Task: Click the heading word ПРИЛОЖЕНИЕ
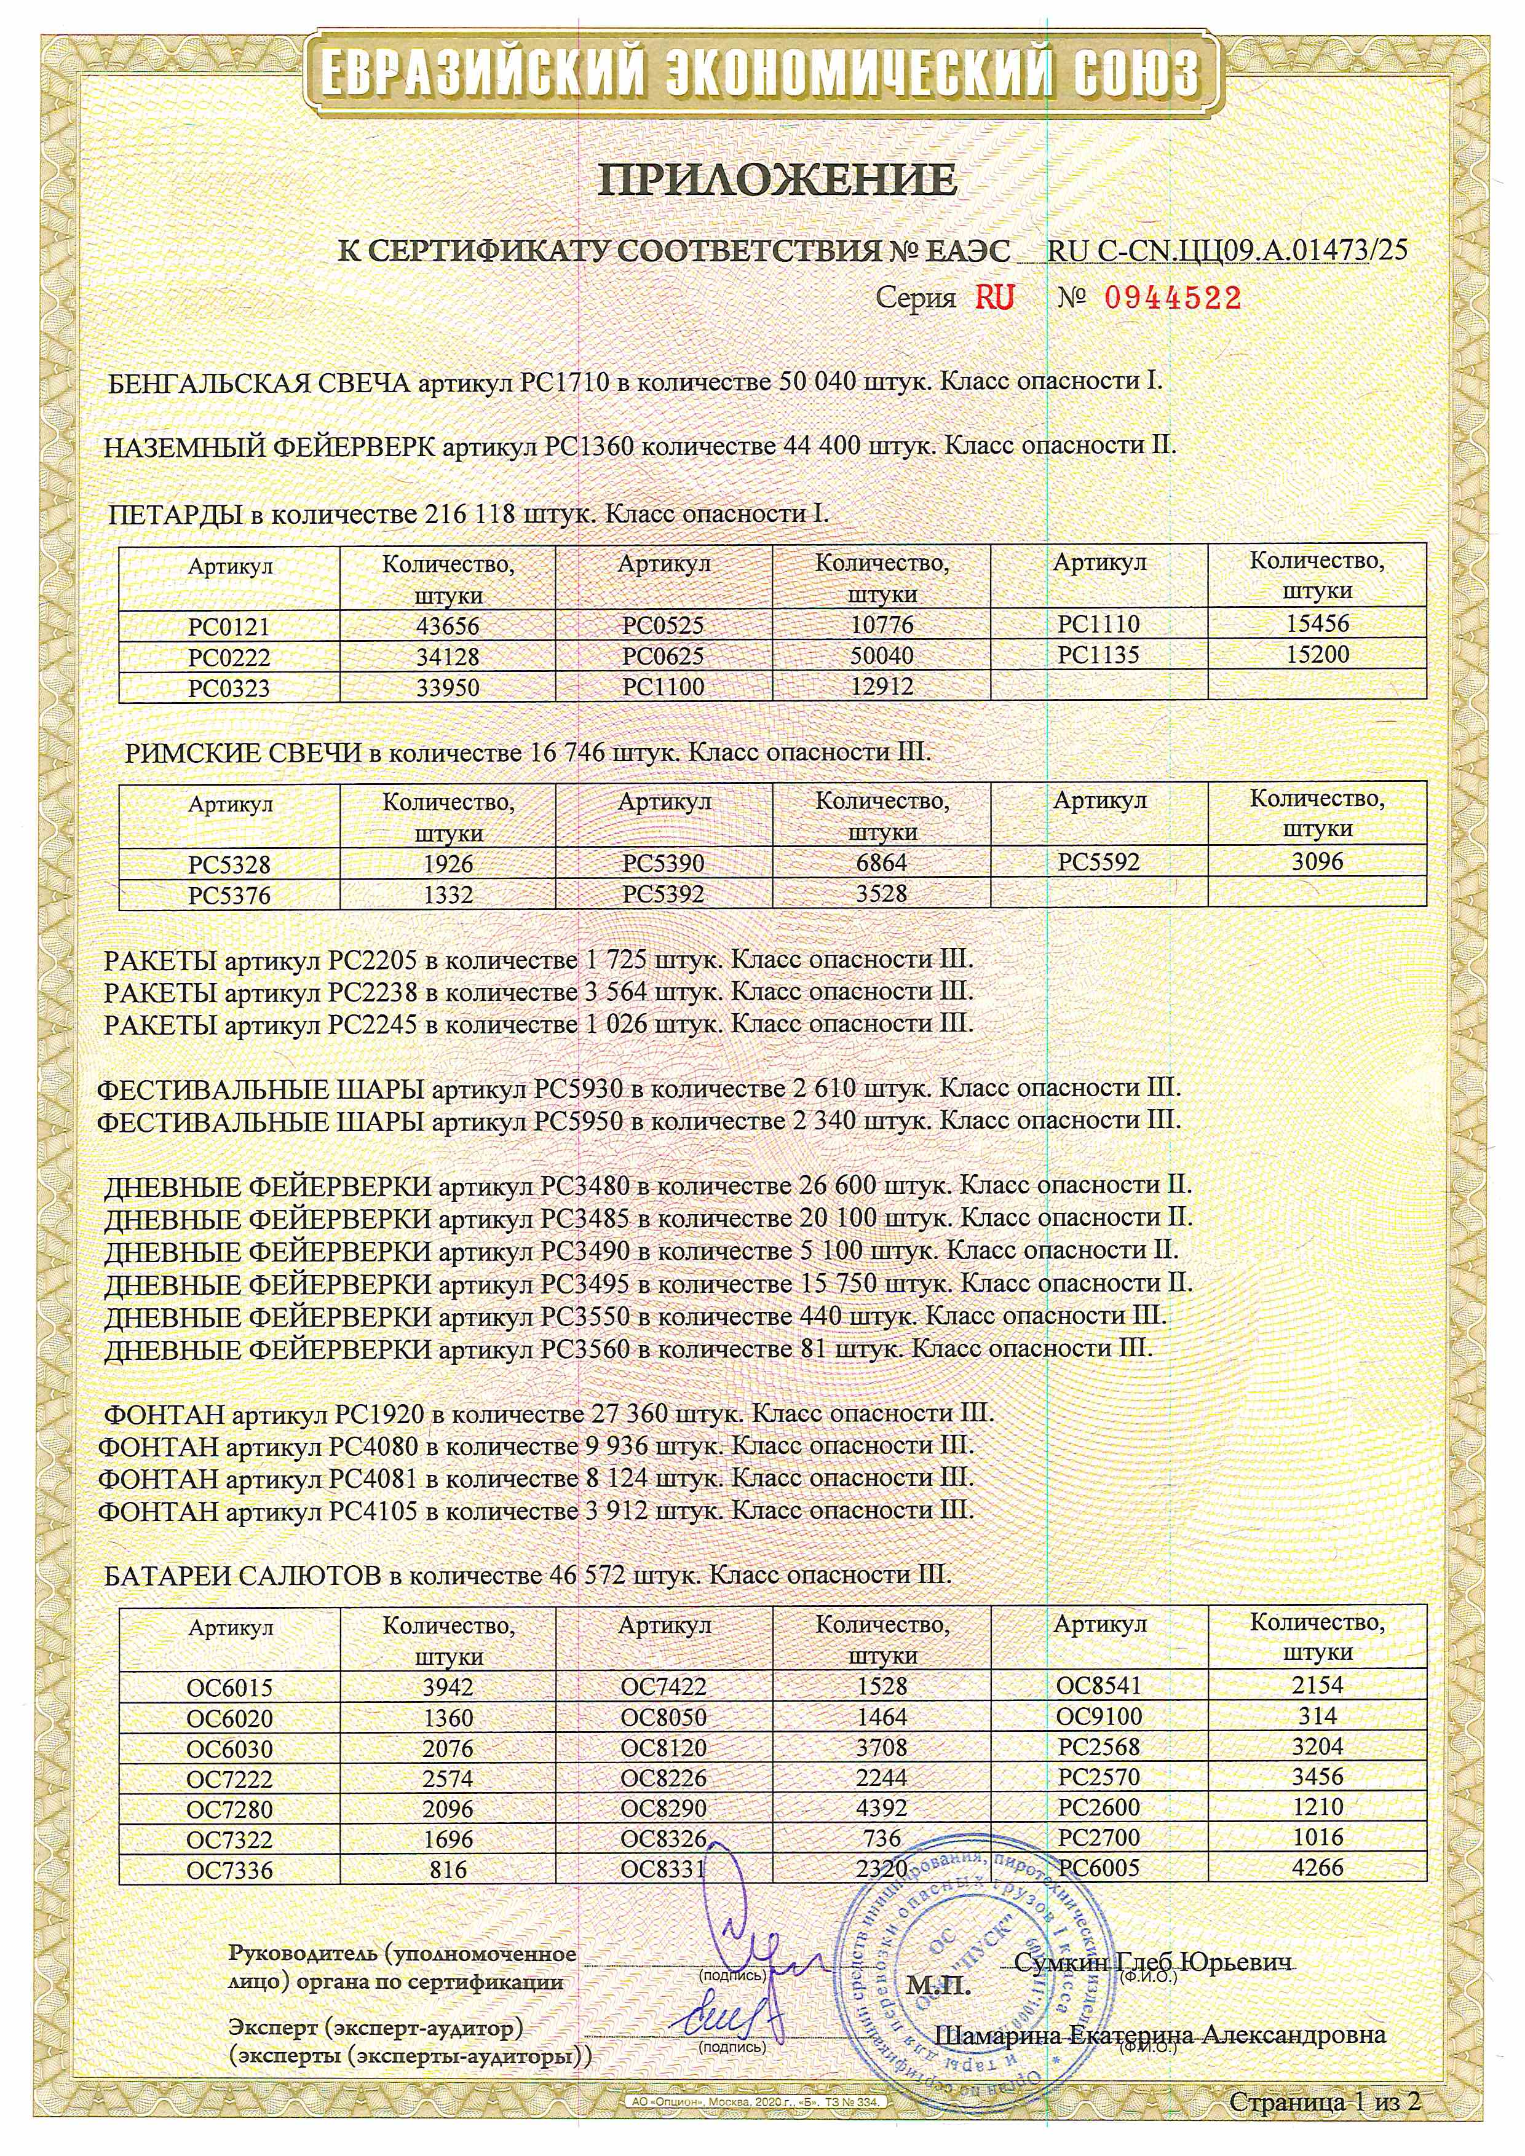point(777,178)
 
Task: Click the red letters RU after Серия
point(994,298)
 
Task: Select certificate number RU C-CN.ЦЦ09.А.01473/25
point(1226,251)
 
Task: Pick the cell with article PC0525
point(663,625)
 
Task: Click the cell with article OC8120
point(663,1748)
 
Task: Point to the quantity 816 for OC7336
point(447,1870)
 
